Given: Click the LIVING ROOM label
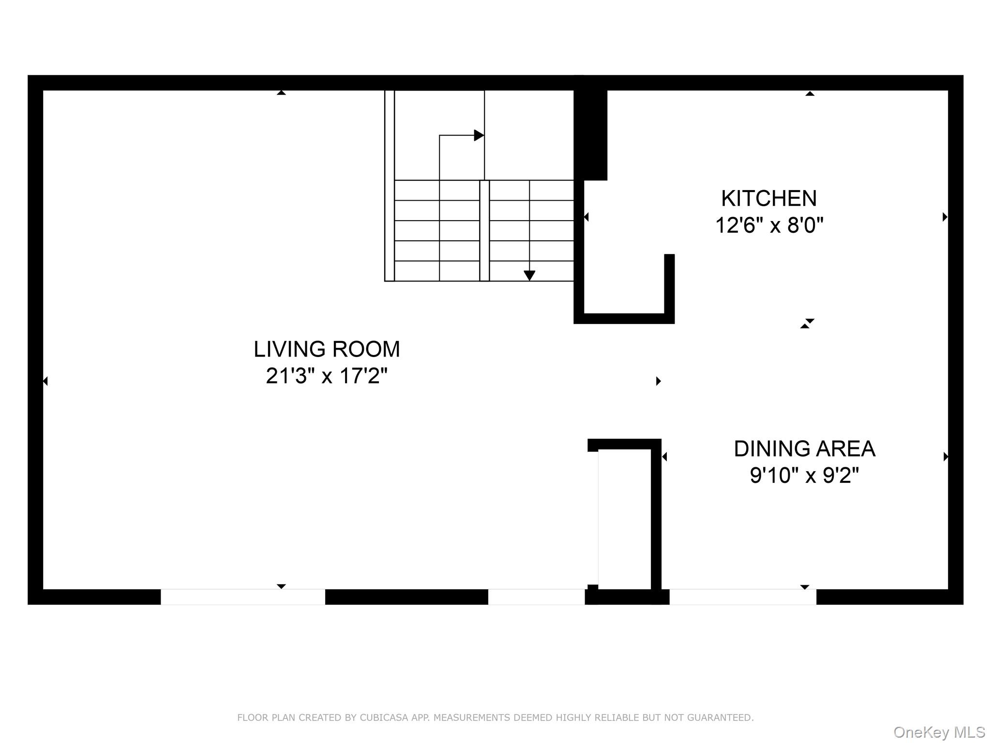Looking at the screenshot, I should [327, 349].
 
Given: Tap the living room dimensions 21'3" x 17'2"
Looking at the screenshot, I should [327, 376].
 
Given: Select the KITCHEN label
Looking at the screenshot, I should [769, 198].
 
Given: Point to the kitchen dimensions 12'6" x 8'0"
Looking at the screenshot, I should [769, 225].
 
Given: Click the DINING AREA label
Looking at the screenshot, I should [804, 449].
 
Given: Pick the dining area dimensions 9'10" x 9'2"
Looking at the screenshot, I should [804, 476].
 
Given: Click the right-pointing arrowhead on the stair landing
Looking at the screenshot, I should [479, 135].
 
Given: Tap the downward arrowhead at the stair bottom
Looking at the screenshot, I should [529, 276].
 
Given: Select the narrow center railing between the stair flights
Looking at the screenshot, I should [484, 230].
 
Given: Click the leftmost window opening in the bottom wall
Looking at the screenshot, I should [242, 597].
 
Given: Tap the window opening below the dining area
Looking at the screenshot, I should [742, 597].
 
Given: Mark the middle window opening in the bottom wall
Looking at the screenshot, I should [536, 597].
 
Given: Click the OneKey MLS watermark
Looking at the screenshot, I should [939, 732].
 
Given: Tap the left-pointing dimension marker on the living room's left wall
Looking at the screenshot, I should [45, 381].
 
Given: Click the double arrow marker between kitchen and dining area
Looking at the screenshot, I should [807, 324].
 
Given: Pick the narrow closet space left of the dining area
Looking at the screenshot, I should [624, 518].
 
